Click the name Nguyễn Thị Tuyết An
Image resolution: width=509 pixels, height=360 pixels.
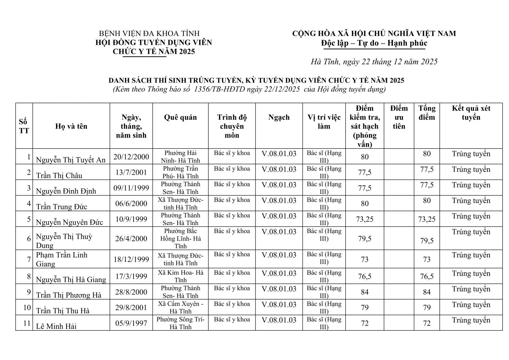[x=71, y=159]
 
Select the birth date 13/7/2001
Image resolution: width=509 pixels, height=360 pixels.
[x=131, y=172]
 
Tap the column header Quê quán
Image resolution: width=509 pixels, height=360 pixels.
[x=180, y=117]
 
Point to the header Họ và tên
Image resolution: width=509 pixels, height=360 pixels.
[x=71, y=126]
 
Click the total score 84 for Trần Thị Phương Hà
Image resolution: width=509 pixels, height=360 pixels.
[x=427, y=292]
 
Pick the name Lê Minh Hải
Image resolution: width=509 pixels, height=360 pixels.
[x=56, y=326]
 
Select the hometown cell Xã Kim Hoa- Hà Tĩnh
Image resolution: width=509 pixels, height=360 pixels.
[x=180, y=276]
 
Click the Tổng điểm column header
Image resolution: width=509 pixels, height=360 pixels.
[x=427, y=113]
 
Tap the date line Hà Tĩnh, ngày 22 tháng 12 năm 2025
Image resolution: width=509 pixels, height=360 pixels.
[x=374, y=62]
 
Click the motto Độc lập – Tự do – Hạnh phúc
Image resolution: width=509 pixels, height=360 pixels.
[x=374, y=43]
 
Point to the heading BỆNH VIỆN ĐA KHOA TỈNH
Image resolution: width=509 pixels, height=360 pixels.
[x=149, y=33]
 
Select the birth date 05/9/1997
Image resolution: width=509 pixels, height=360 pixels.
[x=131, y=323]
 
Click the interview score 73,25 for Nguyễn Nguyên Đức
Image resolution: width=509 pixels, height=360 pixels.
[x=365, y=219]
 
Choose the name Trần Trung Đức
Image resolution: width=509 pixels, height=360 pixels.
[x=62, y=207]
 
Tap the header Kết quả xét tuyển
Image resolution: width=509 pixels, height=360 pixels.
[x=471, y=113]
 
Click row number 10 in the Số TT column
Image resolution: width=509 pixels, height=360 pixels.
[x=27, y=307]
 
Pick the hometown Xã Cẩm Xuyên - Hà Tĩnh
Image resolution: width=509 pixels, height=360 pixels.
[x=180, y=307]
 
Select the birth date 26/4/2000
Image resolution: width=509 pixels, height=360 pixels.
[x=131, y=238]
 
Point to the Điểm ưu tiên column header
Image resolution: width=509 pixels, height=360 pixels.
[x=399, y=117]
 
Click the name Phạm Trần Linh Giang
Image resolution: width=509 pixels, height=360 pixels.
[x=62, y=259]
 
